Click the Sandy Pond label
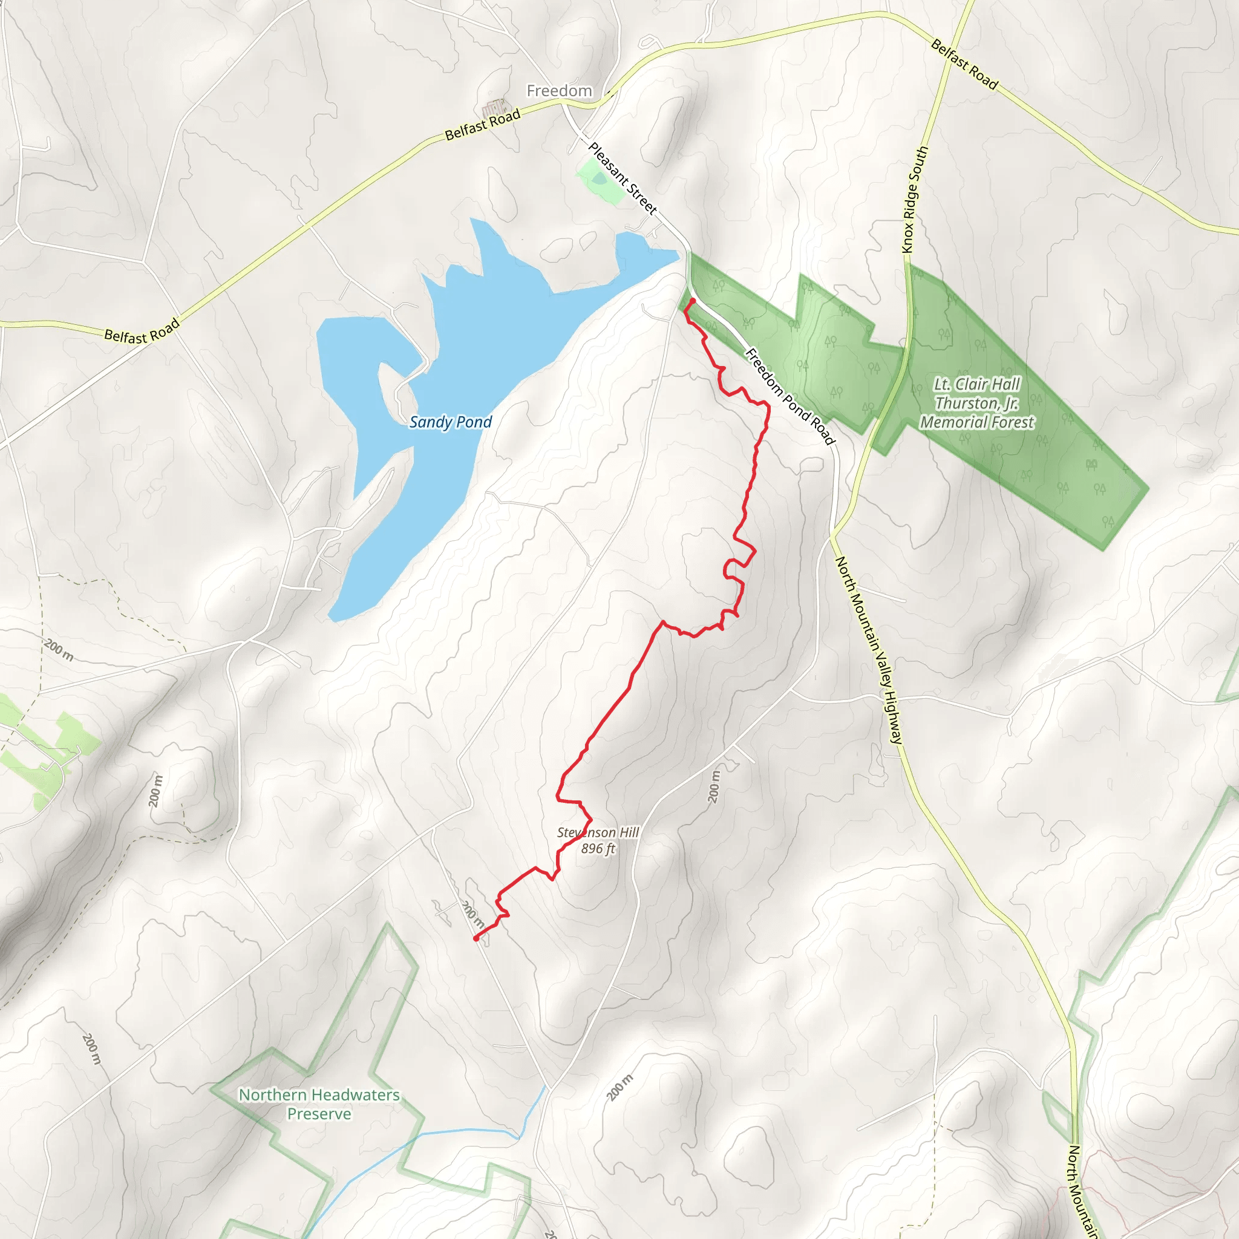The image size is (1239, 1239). click(450, 422)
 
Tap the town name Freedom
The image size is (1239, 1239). click(559, 91)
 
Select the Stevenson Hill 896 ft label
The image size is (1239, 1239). click(598, 840)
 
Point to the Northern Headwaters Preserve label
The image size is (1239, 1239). click(319, 1103)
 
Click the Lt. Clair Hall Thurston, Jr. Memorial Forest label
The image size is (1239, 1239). click(976, 404)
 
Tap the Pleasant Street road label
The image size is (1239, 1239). click(623, 178)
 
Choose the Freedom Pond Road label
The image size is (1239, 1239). click(791, 396)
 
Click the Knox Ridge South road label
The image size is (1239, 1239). click(915, 200)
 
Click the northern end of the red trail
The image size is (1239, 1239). click(693, 300)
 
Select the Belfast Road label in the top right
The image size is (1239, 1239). click(964, 64)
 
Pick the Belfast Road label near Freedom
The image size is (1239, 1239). click(482, 125)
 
